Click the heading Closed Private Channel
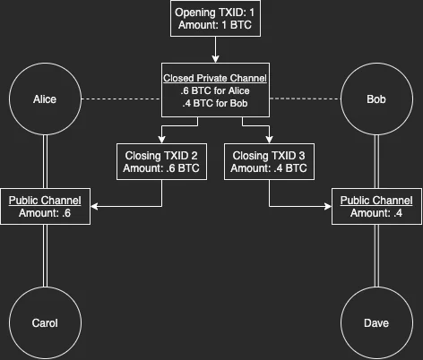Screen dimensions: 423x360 point(215,78)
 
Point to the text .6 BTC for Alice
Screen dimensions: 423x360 point(215,90)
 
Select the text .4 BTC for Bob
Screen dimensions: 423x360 point(215,103)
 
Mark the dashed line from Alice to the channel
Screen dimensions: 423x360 point(121,99)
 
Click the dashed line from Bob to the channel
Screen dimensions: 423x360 point(305,99)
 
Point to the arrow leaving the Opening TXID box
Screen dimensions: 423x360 point(215,49)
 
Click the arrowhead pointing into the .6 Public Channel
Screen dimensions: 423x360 point(94,206)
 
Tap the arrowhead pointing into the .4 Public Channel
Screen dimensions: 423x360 point(328,206)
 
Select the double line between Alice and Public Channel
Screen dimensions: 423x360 point(45,162)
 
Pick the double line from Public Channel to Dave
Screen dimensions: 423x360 point(376,255)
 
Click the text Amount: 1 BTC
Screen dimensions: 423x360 point(215,25)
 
